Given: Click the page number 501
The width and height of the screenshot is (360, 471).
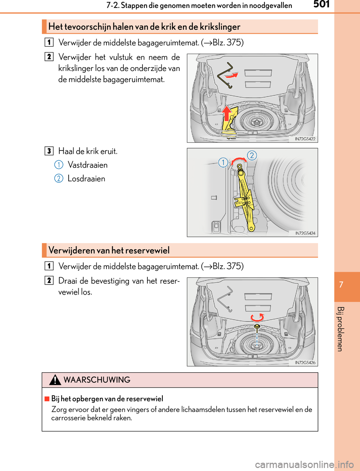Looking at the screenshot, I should (321, 5).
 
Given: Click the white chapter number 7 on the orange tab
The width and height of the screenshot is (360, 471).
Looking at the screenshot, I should (341, 284).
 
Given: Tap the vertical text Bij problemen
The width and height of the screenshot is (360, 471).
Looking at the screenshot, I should (340, 329).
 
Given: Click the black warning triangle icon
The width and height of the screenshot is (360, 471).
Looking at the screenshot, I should (55, 380).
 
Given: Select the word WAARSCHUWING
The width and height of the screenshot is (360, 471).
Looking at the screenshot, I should (97, 380).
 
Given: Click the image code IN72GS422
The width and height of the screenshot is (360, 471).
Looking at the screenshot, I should (305, 139).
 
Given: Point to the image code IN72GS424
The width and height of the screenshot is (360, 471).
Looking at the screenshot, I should (305, 233).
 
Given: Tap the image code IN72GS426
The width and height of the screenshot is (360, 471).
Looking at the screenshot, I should (305, 363).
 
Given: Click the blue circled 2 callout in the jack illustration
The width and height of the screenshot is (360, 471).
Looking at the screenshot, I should (252, 155).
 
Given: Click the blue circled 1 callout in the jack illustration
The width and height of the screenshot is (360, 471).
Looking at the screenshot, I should (223, 162).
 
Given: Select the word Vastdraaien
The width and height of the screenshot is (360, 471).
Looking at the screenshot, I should (88, 165).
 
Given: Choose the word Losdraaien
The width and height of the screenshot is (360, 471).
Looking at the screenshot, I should (86, 179).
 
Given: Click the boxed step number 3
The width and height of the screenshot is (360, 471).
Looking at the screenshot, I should (49, 151).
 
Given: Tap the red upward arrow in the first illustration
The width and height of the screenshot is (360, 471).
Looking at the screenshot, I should (226, 112).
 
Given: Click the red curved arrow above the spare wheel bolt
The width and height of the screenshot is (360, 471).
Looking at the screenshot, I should (257, 318).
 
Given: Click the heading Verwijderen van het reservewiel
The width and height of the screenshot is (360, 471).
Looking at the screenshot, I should (109, 250).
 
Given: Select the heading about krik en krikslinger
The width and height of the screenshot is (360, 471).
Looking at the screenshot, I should (144, 27).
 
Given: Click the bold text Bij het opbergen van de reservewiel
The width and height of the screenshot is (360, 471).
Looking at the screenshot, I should (107, 399).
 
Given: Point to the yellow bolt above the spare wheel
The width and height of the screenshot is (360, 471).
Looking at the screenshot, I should (257, 327).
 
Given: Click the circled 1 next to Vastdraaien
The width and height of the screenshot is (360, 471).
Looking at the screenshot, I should (59, 165).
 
